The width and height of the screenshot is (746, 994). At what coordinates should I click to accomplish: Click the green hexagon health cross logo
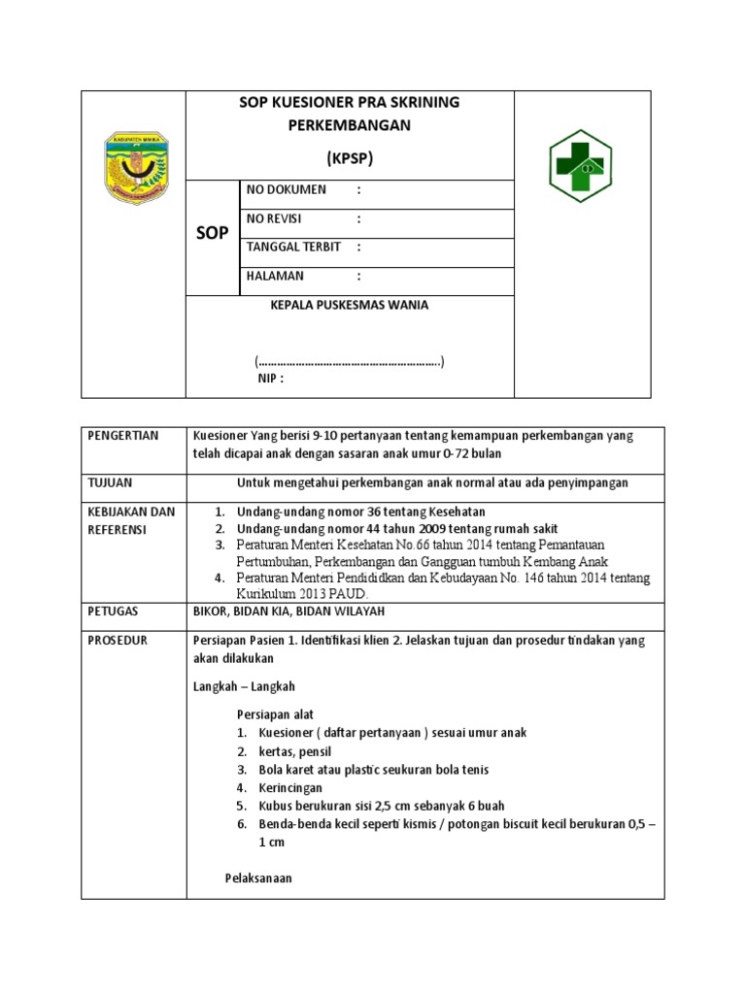pyautogui.click(x=580, y=165)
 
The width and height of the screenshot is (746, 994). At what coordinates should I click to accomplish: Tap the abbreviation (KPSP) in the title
pyautogui.click(x=349, y=157)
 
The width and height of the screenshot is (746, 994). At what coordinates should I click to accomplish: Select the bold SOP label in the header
pyautogui.click(x=212, y=234)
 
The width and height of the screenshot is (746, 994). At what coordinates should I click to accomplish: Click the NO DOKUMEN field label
pyautogui.click(x=287, y=189)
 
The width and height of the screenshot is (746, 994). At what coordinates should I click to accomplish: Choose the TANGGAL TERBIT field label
pyautogui.click(x=293, y=248)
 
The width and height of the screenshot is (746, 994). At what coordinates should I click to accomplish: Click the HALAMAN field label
pyautogui.click(x=275, y=277)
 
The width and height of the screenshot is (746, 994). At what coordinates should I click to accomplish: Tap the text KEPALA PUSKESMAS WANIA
pyautogui.click(x=349, y=305)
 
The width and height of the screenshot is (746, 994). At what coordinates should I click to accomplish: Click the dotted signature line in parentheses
pyautogui.click(x=349, y=362)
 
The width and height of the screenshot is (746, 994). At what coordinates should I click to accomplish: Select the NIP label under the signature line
pyautogui.click(x=271, y=380)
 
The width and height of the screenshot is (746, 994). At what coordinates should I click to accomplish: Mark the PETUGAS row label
pyautogui.click(x=112, y=612)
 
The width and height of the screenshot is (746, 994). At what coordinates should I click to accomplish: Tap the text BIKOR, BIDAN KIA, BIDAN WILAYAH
pyautogui.click(x=289, y=612)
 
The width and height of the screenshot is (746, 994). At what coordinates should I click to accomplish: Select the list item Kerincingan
pyautogui.click(x=289, y=788)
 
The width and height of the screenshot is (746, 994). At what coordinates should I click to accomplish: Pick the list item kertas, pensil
pyautogui.click(x=297, y=751)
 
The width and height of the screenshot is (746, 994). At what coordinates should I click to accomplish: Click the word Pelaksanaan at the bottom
pyautogui.click(x=258, y=878)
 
